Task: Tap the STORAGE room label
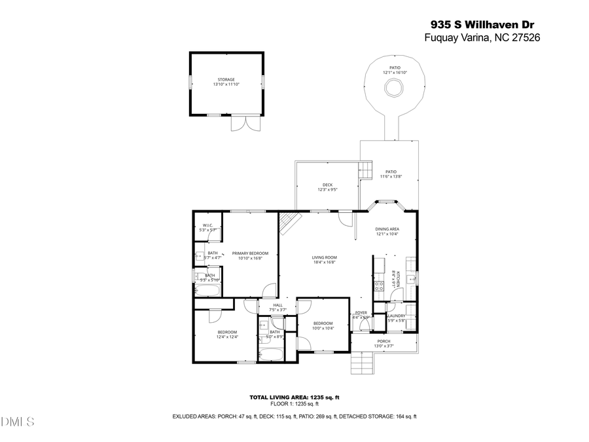coord(226,79)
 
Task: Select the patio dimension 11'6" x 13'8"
coord(391,176)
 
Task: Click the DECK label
coord(327,185)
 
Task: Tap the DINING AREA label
coord(387,229)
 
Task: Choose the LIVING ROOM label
coord(324,257)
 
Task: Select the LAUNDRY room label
coord(396,316)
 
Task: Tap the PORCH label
coord(384,341)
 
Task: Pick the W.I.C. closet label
coord(207,226)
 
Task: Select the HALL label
coord(278,305)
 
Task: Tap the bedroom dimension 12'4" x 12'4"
coord(227,337)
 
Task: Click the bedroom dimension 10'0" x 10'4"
coord(323,328)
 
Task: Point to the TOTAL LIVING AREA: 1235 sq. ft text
coord(294,397)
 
